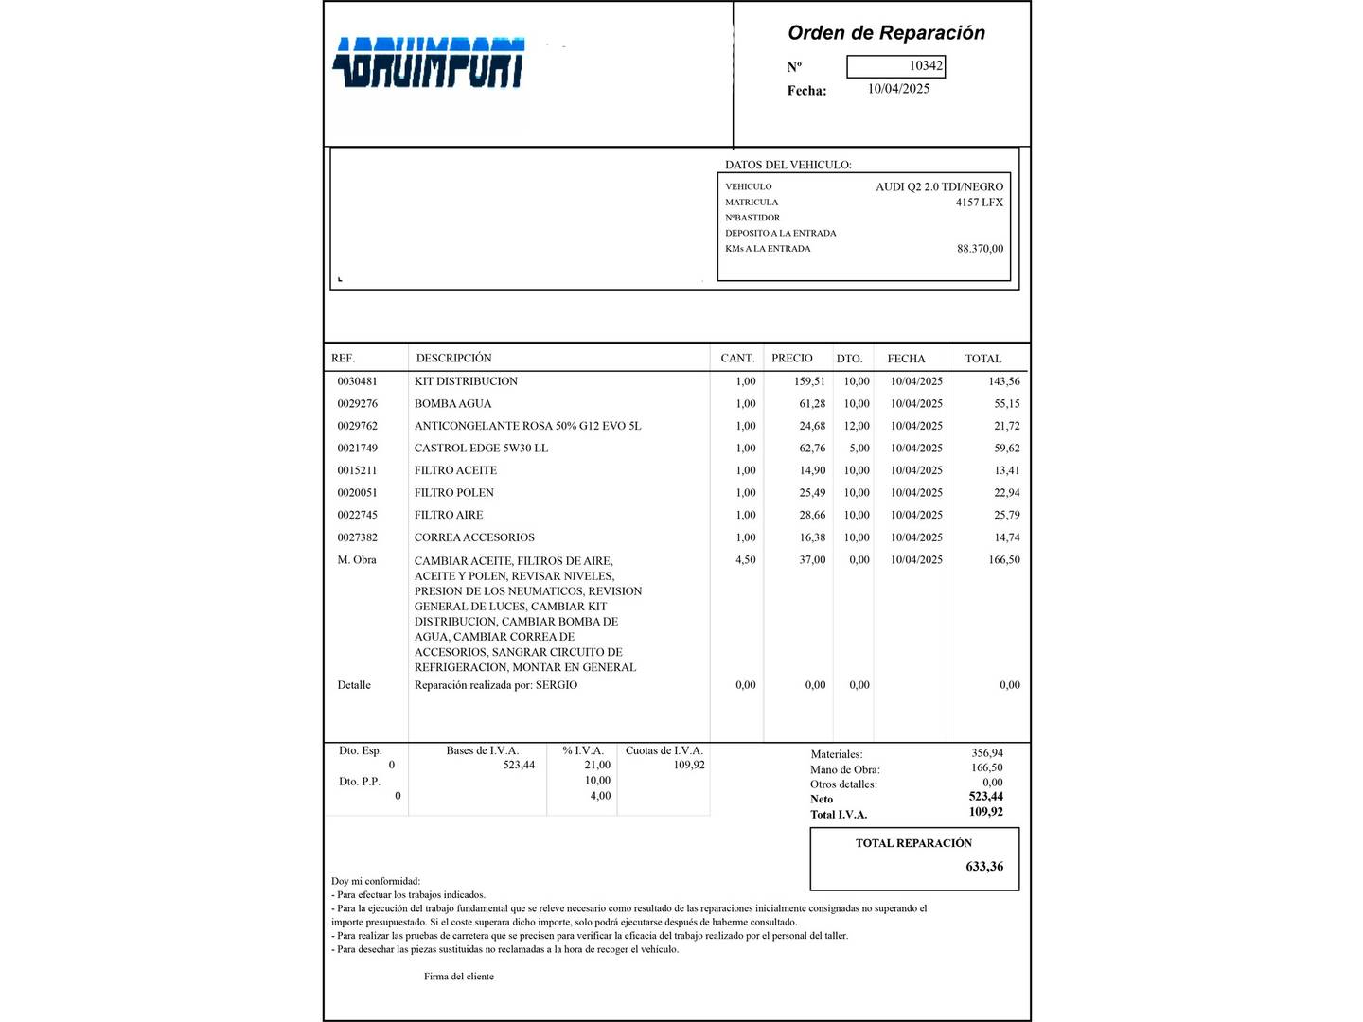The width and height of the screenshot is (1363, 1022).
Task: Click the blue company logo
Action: pos(429,62)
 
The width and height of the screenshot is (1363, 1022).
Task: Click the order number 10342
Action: pos(925,66)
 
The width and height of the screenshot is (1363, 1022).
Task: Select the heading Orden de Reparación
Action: pos(886,33)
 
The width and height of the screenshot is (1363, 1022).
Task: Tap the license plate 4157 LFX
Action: pos(979,203)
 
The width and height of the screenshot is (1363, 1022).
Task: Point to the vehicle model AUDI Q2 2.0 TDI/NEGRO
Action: pos(939,187)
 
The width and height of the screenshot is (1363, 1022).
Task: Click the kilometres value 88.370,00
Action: pos(980,249)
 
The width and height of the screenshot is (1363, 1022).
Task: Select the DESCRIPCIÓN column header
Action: pos(454,359)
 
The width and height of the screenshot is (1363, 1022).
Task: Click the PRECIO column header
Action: pos(791,359)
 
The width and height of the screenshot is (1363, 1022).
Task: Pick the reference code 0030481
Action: pos(357,381)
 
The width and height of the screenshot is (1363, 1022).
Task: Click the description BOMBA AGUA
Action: pos(452,404)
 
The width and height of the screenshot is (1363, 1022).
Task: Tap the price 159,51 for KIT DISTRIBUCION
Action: pos(809,381)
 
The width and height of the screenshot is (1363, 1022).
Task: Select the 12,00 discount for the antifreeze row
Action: pos(857,426)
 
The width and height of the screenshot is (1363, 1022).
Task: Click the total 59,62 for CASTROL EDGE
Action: pos(1006,449)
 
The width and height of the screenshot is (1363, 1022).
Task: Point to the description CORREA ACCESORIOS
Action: pos(474,537)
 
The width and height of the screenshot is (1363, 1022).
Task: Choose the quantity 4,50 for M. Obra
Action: pos(746,560)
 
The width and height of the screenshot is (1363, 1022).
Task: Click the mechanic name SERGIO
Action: pos(557,685)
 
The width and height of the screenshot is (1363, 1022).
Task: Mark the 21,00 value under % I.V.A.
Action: pos(597,766)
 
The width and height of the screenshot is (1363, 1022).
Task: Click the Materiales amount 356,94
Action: pos(986,754)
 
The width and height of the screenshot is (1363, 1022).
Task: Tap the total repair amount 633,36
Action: pos(984,867)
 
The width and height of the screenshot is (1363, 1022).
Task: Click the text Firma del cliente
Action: pos(459,977)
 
